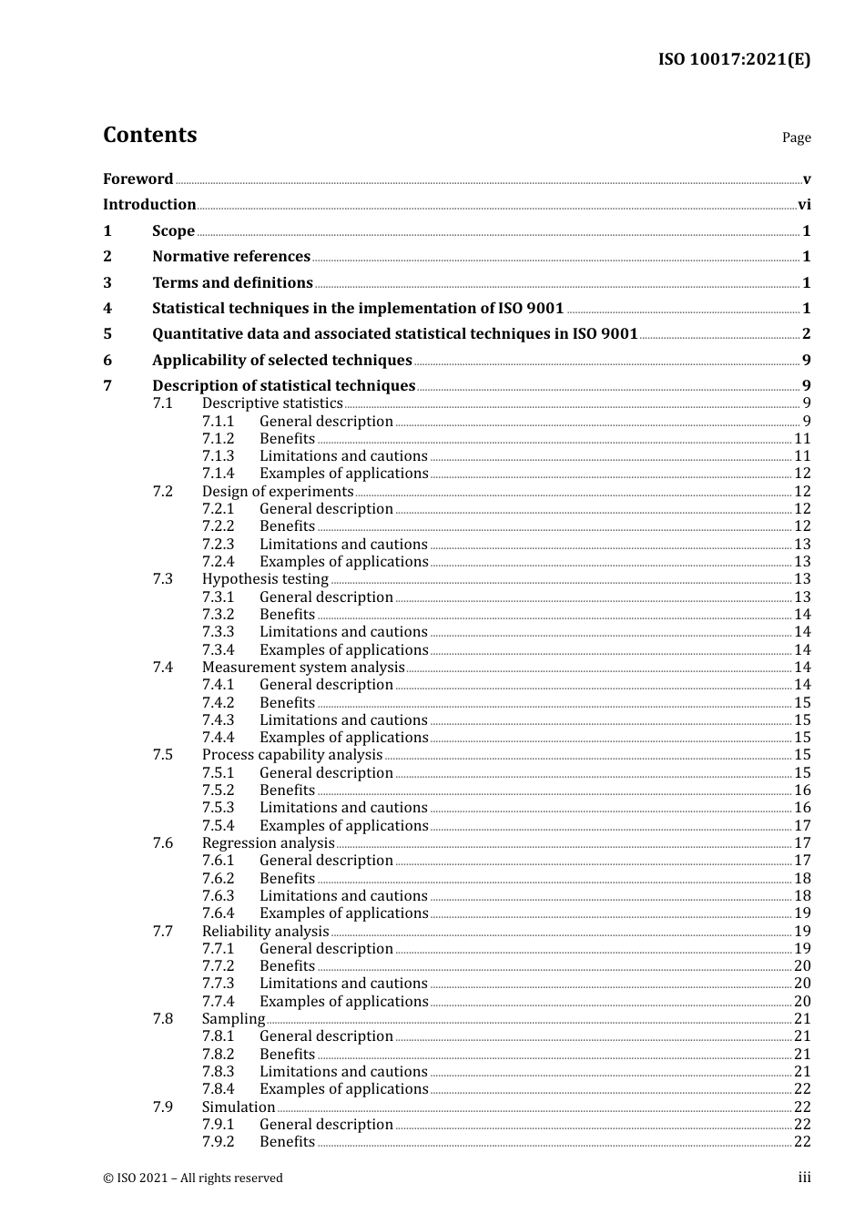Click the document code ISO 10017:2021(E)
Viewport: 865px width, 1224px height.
tap(734, 60)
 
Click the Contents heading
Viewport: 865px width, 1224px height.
tap(149, 135)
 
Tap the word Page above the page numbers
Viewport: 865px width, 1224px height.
tap(796, 138)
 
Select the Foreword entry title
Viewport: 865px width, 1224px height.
tap(137, 179)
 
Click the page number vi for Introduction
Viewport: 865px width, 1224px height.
tap(804, 205)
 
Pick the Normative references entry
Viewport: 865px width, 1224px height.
tap(231, 257)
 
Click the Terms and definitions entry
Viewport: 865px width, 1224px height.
tap(232, 283)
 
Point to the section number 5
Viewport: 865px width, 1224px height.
tap(107, 334)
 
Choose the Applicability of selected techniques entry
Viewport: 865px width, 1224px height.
tap(281, 361)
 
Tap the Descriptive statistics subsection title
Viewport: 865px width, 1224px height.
tap(272, 403)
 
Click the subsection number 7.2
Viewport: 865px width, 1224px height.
tap(162, 492)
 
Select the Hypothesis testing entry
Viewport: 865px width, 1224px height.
tap(265, 579)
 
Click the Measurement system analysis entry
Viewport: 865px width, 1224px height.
tap(302, 668)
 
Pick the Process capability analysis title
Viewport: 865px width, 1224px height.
tap(291, 755)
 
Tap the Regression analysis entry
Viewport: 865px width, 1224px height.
tap(268, 843)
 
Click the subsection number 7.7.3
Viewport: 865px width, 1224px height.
tap(218, 984)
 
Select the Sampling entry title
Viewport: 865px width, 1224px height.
tap(233, 1019)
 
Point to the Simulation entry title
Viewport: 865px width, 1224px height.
tap(238, 1107)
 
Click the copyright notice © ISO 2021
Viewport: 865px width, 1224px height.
tap(193, 1178)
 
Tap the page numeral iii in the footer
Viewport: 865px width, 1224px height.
tap(804, 1178)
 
